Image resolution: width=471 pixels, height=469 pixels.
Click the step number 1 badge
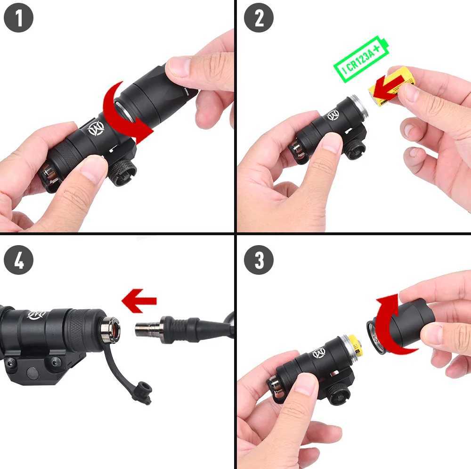[18, 18]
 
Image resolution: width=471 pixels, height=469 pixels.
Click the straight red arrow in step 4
[139, 301]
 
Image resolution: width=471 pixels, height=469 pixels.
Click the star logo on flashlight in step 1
[96, 128]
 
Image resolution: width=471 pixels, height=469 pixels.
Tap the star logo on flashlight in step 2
[333, 115]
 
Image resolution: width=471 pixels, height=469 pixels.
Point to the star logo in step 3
[319, 352]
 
